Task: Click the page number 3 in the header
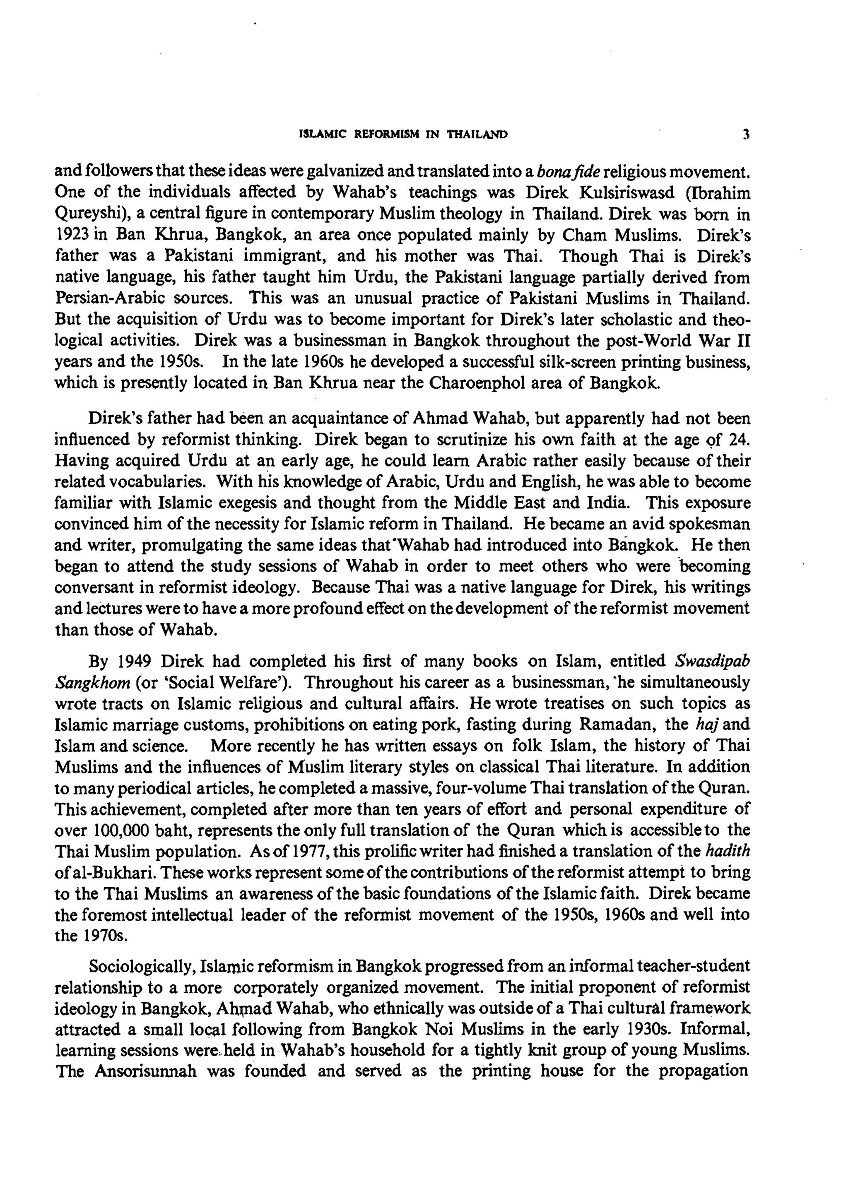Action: coord(746,135)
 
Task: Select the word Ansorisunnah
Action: coord(146,1072)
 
